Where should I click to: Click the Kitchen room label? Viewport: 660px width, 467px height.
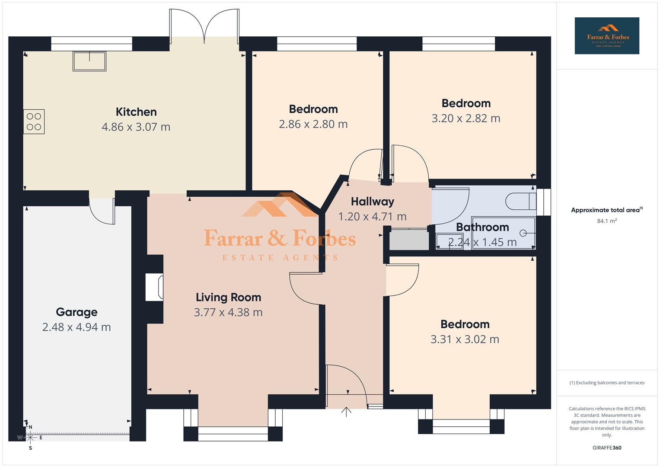(x=136, y=112)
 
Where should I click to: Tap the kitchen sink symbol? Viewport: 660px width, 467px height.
(x=89, y=61)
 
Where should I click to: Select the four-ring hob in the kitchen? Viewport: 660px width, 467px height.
(x=34, y=122)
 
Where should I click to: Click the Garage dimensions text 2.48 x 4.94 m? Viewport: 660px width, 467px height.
(x=77, y=327)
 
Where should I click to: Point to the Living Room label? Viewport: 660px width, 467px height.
(x=228, y=297)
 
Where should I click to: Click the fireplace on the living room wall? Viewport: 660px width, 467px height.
(x=154, y=287)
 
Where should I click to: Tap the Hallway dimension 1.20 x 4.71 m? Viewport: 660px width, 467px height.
(x=372, y=216)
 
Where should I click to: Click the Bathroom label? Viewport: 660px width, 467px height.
(x=482, y=227)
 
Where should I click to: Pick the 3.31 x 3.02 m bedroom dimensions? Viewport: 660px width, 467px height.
(x=465, y=339)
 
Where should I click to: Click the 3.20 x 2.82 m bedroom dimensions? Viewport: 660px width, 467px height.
(x=466, y=118)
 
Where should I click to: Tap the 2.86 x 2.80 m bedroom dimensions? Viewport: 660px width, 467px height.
(x=313, y=124)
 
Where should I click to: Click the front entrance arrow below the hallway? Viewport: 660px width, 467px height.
(x=346, y=411)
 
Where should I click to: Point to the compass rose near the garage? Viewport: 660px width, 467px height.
(x=30, y=437)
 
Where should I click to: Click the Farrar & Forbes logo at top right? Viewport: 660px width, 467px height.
(x=606, y=36)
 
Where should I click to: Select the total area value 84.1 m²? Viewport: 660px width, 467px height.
(x=606, y=221)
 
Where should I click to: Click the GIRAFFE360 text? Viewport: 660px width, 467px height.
(x=606, y=448)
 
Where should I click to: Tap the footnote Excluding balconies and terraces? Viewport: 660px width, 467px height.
(x=606, y=383)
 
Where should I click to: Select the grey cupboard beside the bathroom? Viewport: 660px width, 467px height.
(x=408, y=240)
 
